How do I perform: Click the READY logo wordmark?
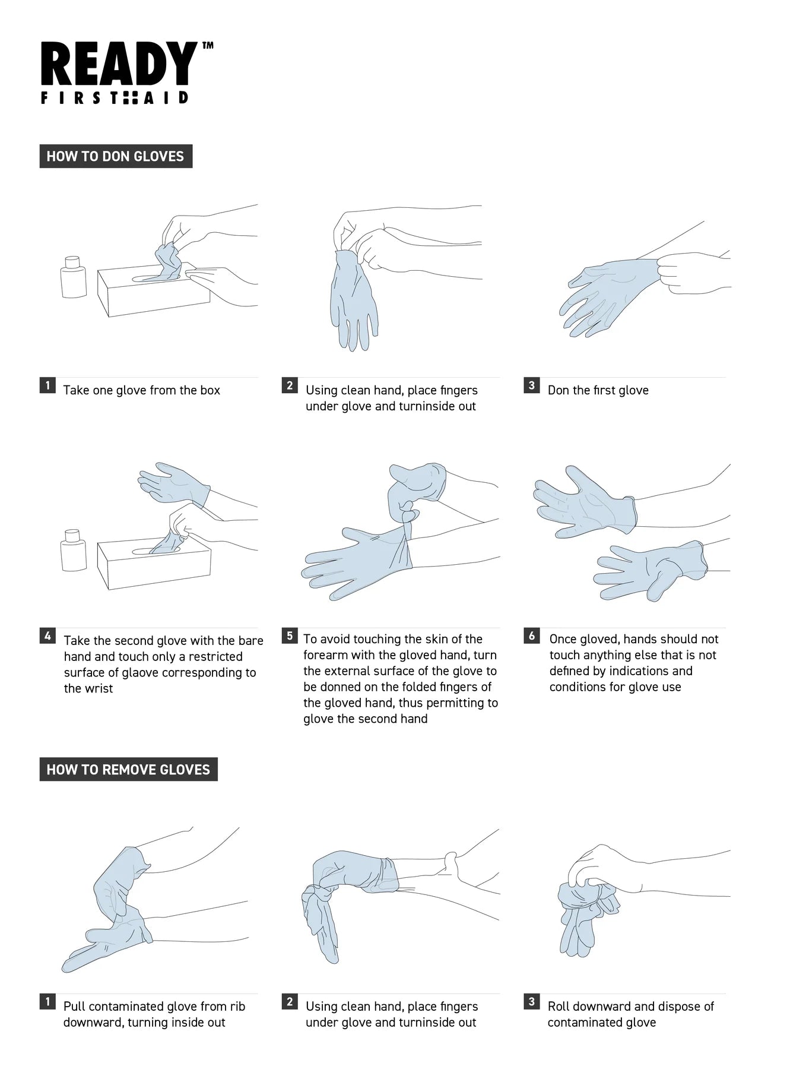(119, 64)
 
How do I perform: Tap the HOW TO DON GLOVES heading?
(116, 156)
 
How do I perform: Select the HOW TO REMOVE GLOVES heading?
(128, 769)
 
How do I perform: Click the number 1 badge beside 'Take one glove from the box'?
(47, 385)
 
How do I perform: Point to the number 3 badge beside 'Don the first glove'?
(532, 385)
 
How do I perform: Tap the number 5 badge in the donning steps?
(290, 635)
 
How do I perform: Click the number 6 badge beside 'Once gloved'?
(532, 635)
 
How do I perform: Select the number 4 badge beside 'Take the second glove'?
(47, 635)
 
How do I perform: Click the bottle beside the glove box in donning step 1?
(73, 277)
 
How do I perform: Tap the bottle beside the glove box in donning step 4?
(73, 550)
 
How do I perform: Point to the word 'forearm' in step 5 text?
(325, 655)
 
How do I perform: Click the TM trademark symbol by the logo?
(208, 45)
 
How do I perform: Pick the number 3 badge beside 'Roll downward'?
(532, 1002)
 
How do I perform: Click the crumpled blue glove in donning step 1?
(168, 262)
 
